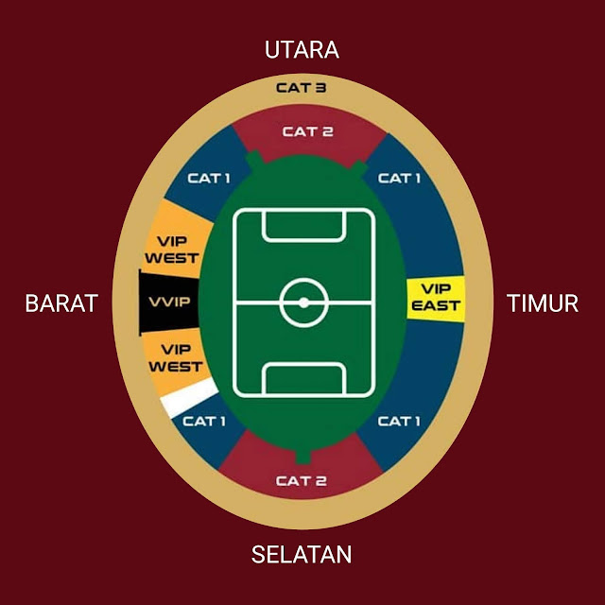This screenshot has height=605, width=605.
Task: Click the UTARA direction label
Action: point(302,50)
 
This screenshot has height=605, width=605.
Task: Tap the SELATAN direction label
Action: point(302,554)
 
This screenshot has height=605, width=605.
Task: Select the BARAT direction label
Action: point(61,303)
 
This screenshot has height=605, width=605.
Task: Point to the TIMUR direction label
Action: point(542,303)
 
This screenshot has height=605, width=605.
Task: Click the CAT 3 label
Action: point(302,88)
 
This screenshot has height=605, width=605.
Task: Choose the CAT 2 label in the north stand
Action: point(307,131)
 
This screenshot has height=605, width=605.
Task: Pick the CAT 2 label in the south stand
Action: point(302,480)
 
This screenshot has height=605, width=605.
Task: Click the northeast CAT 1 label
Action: point(399,178)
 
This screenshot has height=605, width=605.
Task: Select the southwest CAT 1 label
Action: point(204,421)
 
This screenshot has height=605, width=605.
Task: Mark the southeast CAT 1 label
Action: point(399,421)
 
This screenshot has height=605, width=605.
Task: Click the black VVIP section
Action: point(169,302)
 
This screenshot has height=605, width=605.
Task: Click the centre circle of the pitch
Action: point(303,302)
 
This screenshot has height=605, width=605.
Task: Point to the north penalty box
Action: point(303,225)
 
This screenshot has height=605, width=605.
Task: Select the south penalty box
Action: point(303,379)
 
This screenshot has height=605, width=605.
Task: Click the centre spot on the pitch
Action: point(303,302)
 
